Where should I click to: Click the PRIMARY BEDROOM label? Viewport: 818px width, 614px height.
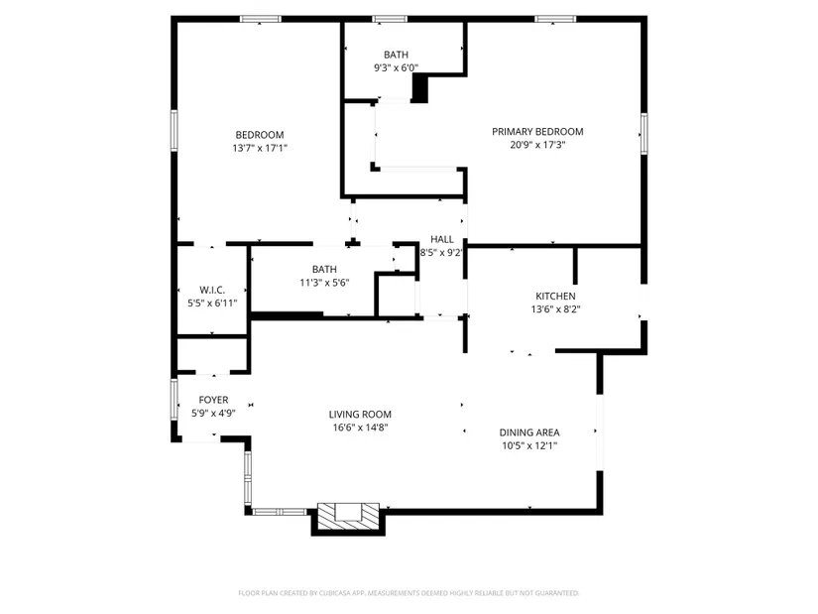[537, 132]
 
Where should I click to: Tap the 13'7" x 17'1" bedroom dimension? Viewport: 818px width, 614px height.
[260, 148]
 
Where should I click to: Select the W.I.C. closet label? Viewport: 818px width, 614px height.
[212, 290]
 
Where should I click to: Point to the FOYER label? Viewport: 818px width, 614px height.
[213, 400]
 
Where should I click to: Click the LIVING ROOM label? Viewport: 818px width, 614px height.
[360, 415]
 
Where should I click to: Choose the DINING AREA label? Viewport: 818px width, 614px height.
[529, 432]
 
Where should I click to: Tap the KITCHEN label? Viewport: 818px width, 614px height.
[555, 296]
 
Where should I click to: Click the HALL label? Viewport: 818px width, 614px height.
[442, 239]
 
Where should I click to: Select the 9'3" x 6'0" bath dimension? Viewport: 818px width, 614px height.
[396, 67]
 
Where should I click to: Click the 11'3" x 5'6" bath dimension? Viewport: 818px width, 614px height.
[324, 283]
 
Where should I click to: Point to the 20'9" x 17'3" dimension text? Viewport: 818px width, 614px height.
[537, 145]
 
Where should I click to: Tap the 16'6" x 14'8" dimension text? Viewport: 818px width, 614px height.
[361, 428]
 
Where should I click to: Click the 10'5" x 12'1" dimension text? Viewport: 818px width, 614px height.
[529, 446]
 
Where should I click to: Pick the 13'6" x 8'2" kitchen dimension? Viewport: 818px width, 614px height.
[555, 309]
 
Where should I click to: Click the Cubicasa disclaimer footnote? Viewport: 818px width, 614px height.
[409, 593]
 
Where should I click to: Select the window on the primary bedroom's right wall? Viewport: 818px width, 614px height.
[644, 134]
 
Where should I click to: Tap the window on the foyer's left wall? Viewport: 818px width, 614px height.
[175, 399]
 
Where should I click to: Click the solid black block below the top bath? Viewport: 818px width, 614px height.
[420, 88]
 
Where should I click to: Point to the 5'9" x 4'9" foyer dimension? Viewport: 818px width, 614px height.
[213, 414]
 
